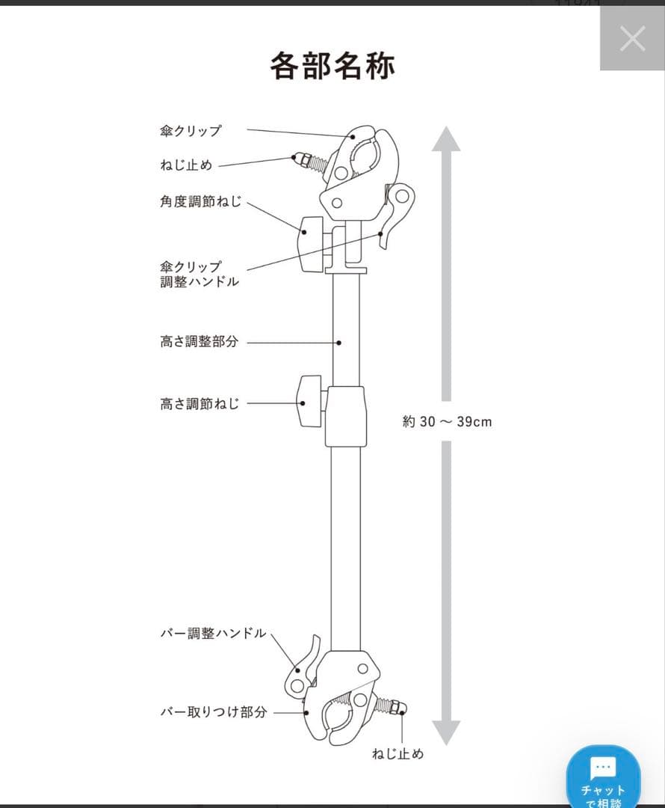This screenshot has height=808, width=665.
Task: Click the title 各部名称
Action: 332,65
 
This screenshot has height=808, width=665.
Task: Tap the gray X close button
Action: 632,39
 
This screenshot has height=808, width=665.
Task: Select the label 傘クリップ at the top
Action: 191,131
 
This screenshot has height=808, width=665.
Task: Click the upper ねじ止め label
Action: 186,165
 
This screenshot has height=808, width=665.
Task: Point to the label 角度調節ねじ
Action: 200,201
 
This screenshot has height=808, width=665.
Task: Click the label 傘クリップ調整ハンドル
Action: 199,274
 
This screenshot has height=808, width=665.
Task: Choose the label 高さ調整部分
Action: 199,341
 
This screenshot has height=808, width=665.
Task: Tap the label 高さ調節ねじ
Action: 199,403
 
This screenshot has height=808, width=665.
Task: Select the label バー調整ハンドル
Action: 213,633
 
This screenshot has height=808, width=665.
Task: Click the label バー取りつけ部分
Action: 214,711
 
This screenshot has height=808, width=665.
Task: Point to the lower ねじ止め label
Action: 398,753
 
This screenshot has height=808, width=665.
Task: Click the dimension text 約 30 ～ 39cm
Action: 447,421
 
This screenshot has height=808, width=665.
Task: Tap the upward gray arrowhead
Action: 446,139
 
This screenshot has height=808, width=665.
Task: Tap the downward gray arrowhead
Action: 446,732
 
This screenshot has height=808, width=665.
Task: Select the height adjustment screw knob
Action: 309,402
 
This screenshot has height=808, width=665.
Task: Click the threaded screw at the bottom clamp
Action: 390,706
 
